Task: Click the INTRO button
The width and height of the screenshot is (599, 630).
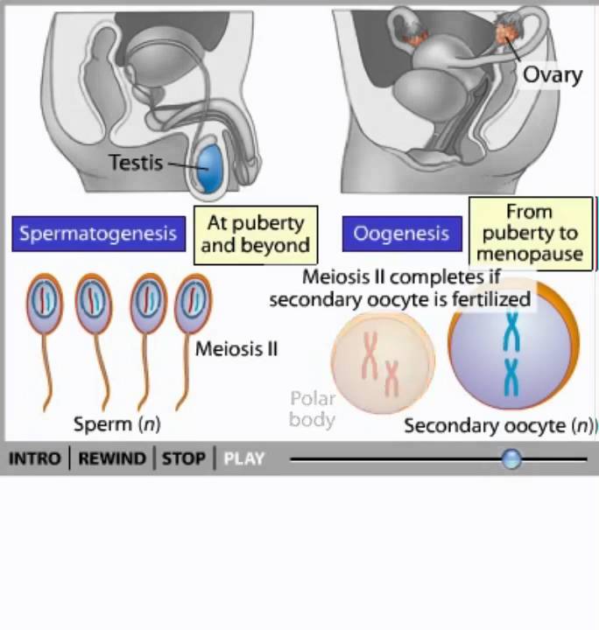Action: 34,458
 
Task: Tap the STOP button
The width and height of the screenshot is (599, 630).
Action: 184,458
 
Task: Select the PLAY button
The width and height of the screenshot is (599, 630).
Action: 243,458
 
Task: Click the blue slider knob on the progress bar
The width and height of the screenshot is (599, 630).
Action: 511,458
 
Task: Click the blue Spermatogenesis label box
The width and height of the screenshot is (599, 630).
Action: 98,234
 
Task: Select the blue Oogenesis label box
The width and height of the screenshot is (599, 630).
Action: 401,234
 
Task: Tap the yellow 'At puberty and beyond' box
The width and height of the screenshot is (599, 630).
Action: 256,234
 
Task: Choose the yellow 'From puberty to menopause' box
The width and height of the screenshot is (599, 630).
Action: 530,233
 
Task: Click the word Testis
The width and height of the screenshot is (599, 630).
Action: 136,163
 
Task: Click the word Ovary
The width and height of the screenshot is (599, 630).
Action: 552,74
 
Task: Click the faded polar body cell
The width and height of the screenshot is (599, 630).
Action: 383,363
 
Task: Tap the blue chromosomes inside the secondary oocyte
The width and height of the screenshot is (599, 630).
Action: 511,354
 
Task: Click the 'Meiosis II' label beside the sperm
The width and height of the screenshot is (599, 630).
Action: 236,349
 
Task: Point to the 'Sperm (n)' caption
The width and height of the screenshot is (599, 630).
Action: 116,424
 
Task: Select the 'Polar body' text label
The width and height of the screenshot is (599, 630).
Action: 313,409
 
